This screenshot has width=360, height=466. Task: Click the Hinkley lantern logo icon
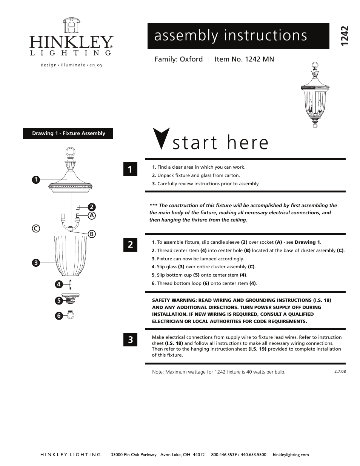coord(71,26)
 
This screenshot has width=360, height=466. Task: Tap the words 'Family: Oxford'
coord(178,59)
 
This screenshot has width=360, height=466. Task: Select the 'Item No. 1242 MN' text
coord(244,59)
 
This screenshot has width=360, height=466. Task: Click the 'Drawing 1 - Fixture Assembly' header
coord(68,134)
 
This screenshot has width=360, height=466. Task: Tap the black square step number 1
coord(130,170)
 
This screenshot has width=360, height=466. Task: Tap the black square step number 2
coord(130,245)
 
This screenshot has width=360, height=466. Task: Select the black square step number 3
coord(130,340)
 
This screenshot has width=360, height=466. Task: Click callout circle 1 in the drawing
coord(35,180)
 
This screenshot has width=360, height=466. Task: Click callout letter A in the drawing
coord(91,215)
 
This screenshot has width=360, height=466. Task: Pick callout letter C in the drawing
coord(35,228)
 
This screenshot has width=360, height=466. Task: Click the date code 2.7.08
coord(340,371)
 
